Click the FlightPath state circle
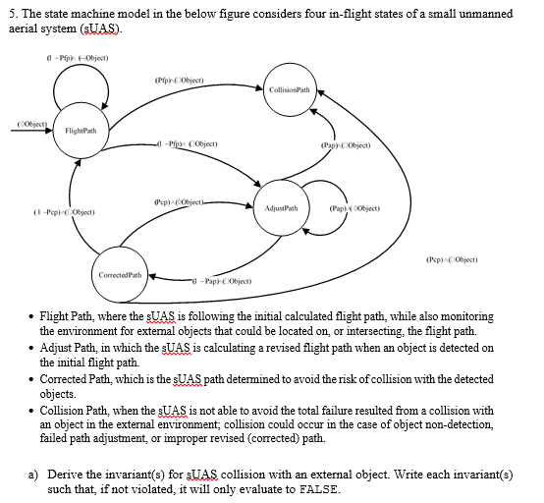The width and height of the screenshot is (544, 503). tap(81, 131)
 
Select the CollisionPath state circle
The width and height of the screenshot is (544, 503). tap(290, 89)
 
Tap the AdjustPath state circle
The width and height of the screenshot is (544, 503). tap(282, 207)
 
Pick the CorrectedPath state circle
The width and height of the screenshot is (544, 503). tap(123, 274)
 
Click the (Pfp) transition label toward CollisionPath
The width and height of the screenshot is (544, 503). tap(179, 79)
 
